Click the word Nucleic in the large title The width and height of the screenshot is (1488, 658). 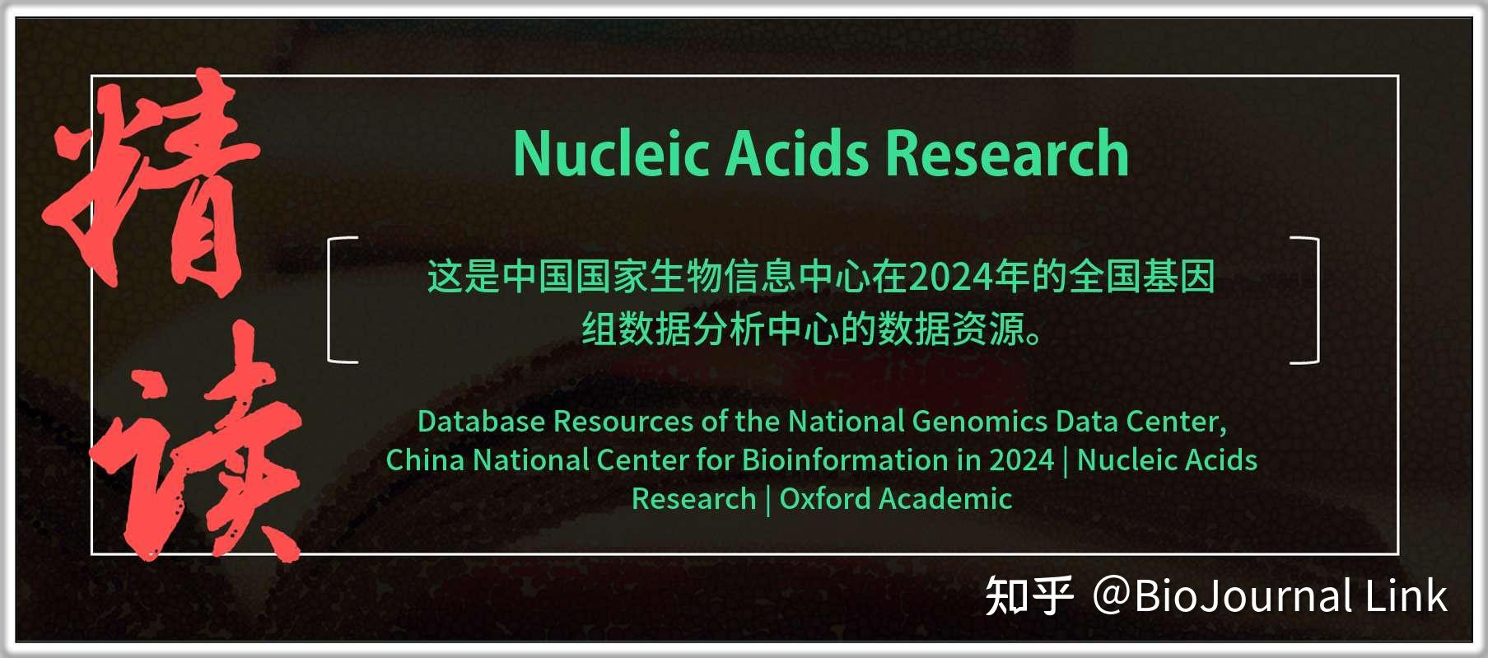pos(610,154)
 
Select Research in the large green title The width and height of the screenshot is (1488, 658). pos(1006,154)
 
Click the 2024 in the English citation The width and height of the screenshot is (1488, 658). pos(1021,460)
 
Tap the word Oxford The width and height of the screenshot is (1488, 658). pos(824,499)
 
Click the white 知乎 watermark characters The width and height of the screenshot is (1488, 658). pos(1029,596)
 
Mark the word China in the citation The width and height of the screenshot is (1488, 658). pos(425,460)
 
